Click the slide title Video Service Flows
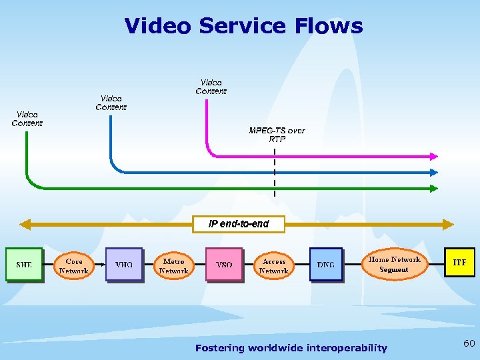[243, 26]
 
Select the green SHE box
[24, 265]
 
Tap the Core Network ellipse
[74, 266]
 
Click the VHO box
[124, 265]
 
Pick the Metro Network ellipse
[174, 266]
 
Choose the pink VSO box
[224, 265]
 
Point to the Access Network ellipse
[274, 266]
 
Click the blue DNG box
[325, 265]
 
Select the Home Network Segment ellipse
[394, 264]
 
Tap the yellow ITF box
[459, 263]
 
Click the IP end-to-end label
[239, 224]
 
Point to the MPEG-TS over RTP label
[277, 135]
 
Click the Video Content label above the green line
[27, 119]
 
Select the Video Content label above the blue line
[111, 103]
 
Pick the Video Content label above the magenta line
[211, 87]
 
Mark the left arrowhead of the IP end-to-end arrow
[26, 224]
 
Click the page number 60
[469, 343]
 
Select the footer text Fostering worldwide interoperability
[291, 348]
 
